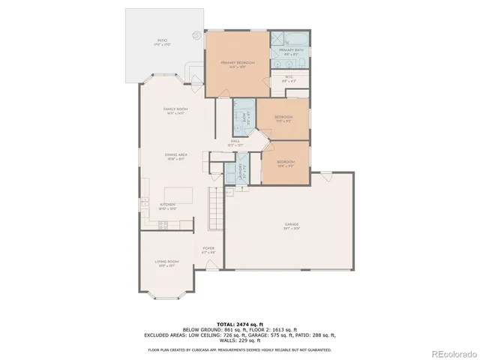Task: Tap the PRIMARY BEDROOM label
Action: (237, 63)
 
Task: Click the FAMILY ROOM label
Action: (175, 110)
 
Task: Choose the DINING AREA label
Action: (176, 156)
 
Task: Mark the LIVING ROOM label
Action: (166, 262)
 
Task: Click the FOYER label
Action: (209, 249)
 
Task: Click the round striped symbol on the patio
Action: (196, 34)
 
